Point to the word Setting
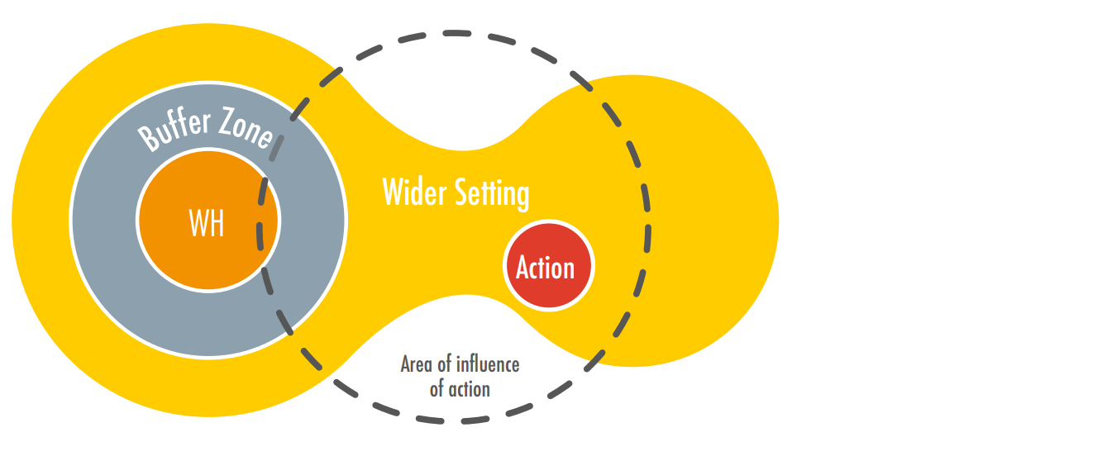coord(493,193)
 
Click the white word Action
coord(545,268)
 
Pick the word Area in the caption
coord(417,364)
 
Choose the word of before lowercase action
coord(438,388)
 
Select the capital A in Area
coord(406,364)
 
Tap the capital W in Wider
coord(393,192)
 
